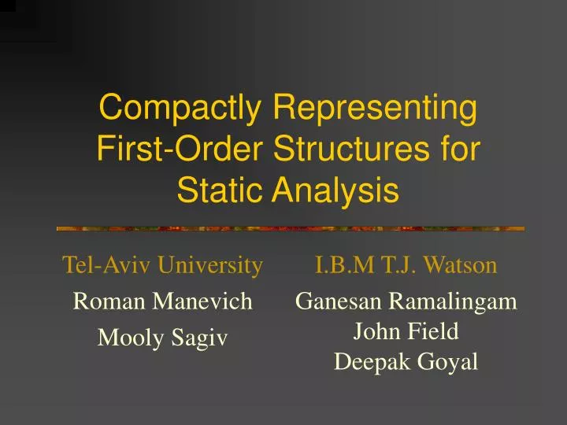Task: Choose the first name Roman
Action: coord(101,300)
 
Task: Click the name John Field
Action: coord(406,331)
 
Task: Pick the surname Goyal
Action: coord(449,362)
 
